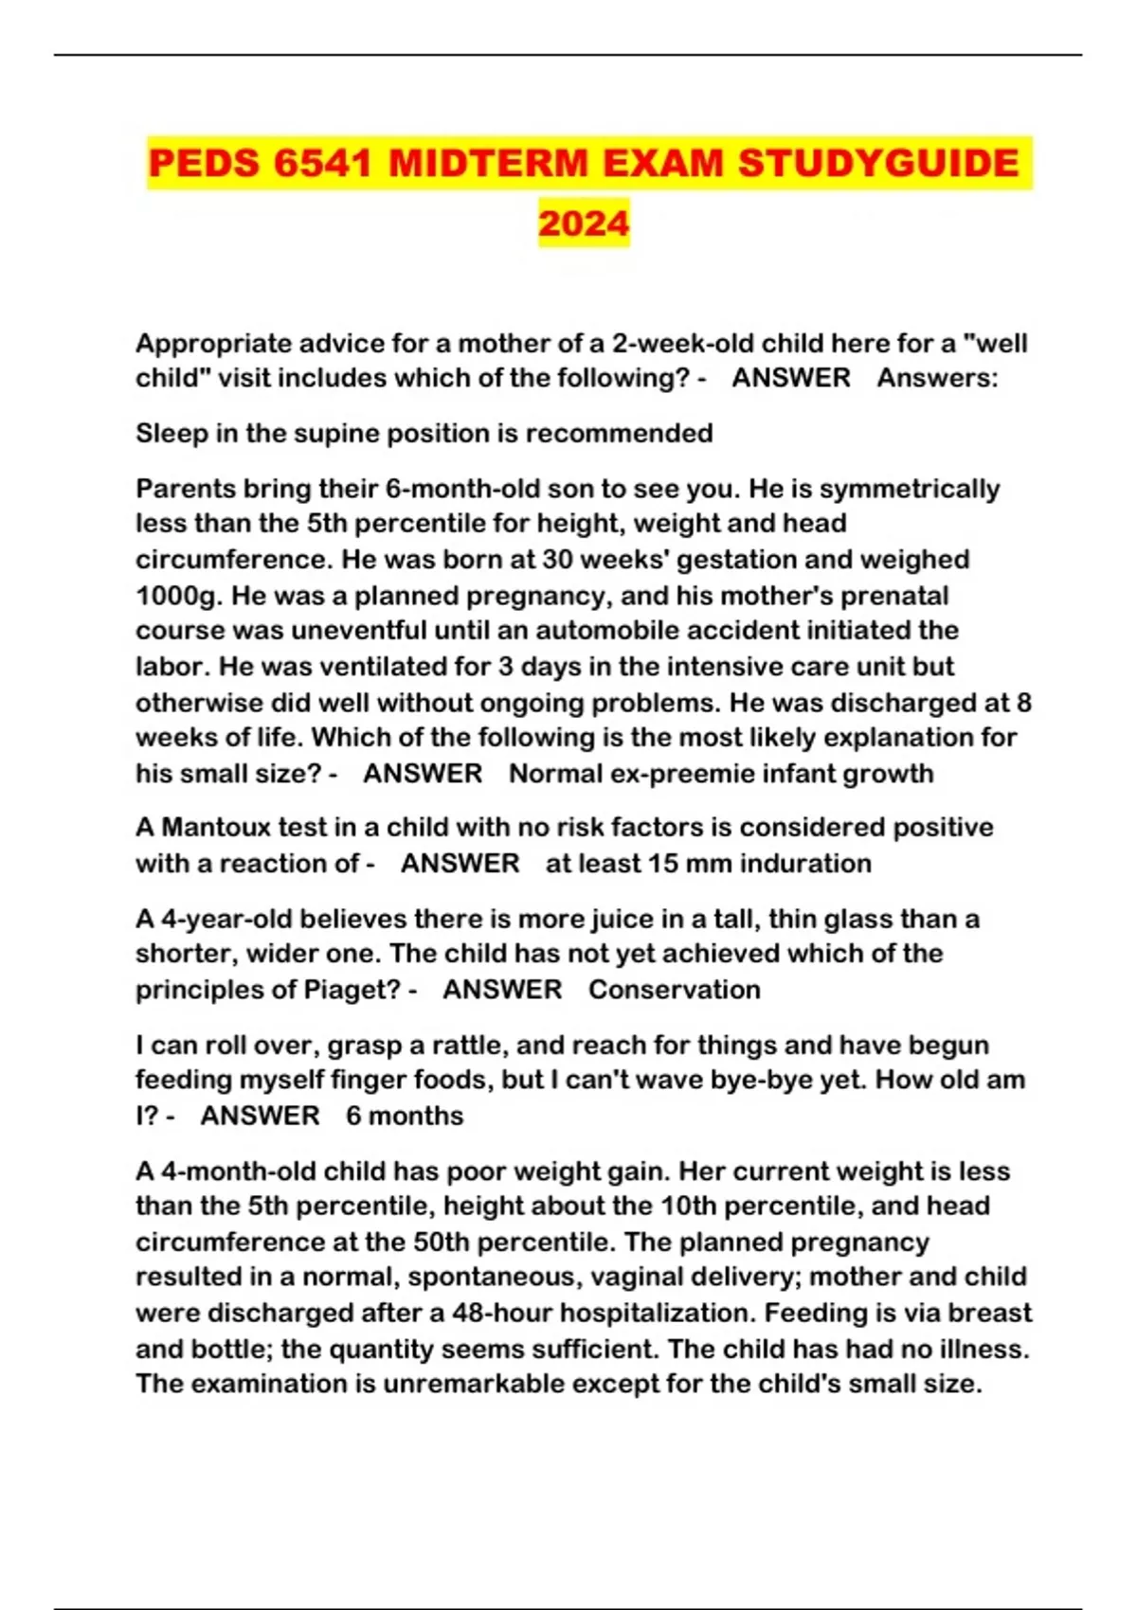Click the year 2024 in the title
click(x=584, y=224)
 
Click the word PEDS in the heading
click(x=204, y=164)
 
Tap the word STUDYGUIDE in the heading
click(x=878, y=164)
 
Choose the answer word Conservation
click(x=674, y=991)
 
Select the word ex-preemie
click(x=690, y=774)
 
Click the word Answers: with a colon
click(x=936, y=378)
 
